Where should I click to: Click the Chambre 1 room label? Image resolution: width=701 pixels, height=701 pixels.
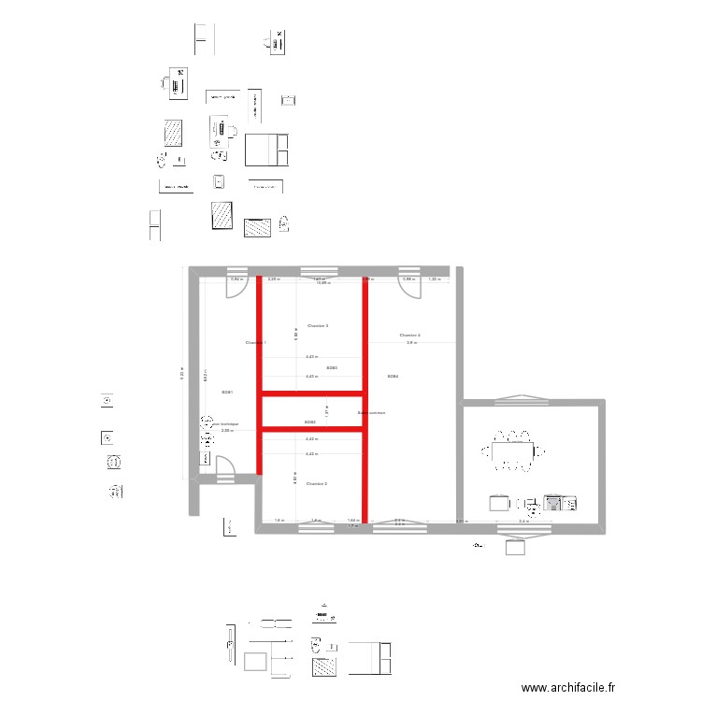point(255,343)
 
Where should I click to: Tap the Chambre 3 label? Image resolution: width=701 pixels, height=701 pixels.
point(317,325)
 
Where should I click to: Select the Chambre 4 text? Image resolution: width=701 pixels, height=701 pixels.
point(409,335)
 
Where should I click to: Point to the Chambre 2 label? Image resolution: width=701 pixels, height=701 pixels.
point(316,484)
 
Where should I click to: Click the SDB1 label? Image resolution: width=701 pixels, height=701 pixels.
point(226,393)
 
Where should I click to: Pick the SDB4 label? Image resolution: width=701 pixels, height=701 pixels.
point(393,377)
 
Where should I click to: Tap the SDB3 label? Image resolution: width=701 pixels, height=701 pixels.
point(332,368)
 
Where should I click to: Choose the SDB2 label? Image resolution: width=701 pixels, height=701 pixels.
point(310,422)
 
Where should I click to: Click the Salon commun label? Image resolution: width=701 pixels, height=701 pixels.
point(371,412)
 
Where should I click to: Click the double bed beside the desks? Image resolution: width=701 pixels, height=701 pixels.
point(266,150)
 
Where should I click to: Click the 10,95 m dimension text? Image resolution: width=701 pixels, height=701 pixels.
point(323,282)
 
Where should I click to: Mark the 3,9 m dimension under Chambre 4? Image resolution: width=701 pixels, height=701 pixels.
point(410,344)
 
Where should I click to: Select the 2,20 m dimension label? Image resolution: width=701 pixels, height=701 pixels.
point(273,279)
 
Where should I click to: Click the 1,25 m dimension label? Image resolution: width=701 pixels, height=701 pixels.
point(434,279)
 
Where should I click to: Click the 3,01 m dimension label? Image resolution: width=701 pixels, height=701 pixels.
point(460,522)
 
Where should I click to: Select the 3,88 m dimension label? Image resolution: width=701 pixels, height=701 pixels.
point(225,431)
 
